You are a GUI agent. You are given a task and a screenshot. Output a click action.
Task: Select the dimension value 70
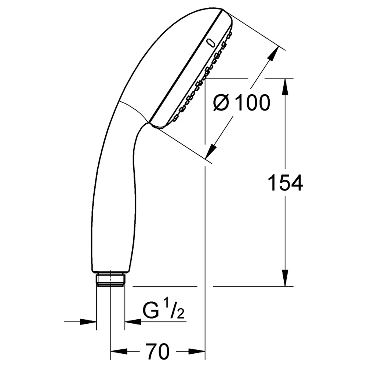pyautogui.click(x=157, y=351)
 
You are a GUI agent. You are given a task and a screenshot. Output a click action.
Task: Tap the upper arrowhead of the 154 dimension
pyautogui.click(x=285, y=87)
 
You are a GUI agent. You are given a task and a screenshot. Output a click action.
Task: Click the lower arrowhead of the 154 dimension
pyautogui.click(x=285, y=278)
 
